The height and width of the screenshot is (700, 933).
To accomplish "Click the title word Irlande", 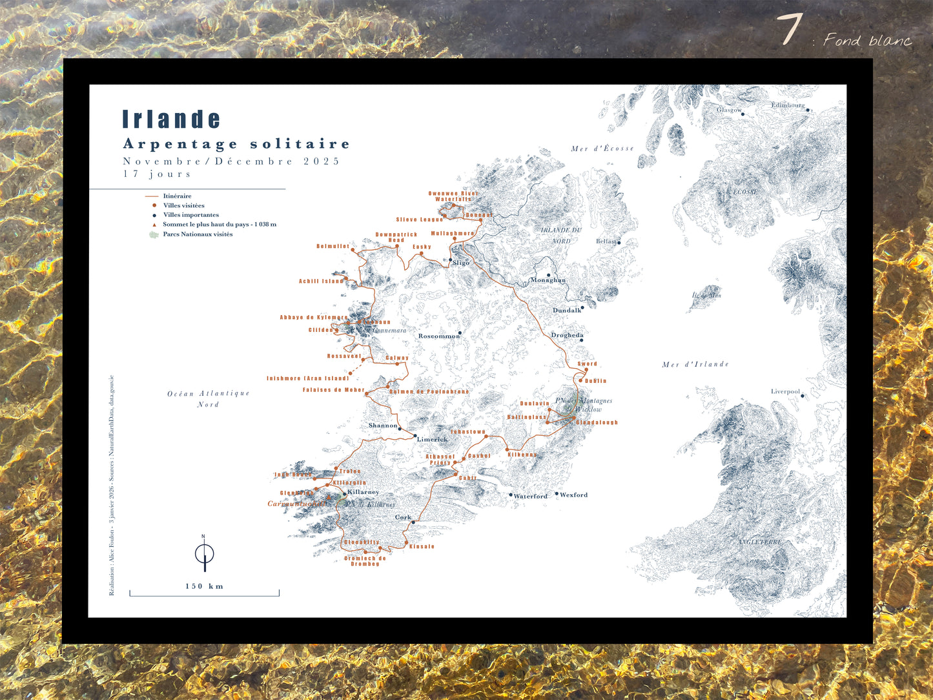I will pyautogui.click(x=171, y=119).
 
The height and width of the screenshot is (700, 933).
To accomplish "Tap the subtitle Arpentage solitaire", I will pyautogui.click(x=236, y=144).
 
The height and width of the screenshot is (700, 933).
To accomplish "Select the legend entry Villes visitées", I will pyautogui.click(x=183, y=205).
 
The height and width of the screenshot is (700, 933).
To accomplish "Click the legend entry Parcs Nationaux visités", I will pyautogui.click(x=198, y=234).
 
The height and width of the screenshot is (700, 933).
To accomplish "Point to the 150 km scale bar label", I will pyautogui.click(x=204, y=586).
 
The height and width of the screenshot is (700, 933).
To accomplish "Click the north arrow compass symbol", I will pyautogui.click(x=204, y=554).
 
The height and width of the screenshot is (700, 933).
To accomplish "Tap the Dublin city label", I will pyautogui.click(x=595, y=381).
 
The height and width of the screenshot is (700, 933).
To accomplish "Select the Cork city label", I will pyautogui.click(x=403, y=517).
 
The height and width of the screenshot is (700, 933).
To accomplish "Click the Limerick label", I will pyautogui.click(x=432, y=440).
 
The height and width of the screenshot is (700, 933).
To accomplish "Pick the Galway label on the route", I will pyautogui.click(x=397, y=358).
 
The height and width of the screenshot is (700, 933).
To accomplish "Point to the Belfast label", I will pyautogui.click(x=606, y=242).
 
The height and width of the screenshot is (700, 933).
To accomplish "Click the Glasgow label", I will pyautogui.click(x=729, y=110).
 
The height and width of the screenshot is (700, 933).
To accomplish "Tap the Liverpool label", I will pyautogui.click(x=785, y=392).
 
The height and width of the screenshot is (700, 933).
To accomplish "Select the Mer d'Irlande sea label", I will pyautogui.click(x=695, y=365).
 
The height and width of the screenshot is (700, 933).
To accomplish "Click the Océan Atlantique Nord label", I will pyautogui.click(x=208, y=398).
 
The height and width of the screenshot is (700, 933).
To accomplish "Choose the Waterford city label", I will pyautogui.click(x=530, y=497).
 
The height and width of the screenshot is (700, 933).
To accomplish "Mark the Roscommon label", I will pyautogui.click(x=438, y=336).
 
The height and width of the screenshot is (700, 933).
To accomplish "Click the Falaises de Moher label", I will pyautogui.click(x=333, y=390).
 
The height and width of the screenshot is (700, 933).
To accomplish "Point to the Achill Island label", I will pyautogui.click(x=321, y=282).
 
